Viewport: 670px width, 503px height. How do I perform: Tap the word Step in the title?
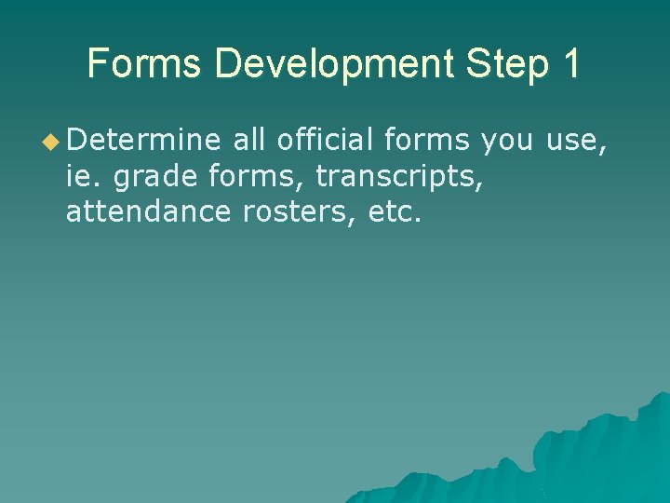point(501,64)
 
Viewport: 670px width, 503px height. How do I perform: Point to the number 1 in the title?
point(569,64)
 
